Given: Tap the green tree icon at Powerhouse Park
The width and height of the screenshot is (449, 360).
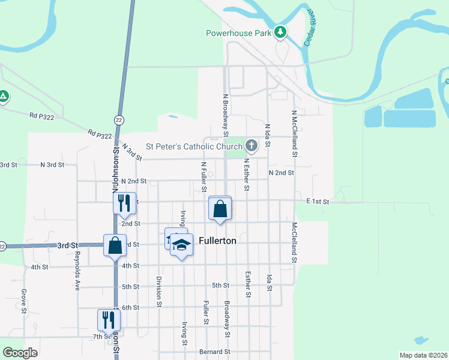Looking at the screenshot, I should pos(280,32).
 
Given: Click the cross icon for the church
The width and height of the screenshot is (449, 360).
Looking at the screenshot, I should pos(251,145).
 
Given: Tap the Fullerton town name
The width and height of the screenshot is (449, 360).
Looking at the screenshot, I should pos(217,241).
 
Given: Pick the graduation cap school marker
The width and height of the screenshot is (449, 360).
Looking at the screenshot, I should pos(181,245).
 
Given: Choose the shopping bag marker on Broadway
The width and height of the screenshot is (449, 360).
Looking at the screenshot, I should pos(220,209).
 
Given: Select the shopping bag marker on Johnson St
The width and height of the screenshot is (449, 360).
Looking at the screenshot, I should pos(115,245).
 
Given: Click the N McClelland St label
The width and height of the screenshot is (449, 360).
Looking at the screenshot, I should pos(295,133).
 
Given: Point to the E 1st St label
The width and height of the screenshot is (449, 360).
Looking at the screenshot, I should pos(318,202).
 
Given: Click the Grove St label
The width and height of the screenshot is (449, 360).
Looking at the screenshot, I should pos(24,301).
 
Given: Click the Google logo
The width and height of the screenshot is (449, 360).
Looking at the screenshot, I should pos(20,353).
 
